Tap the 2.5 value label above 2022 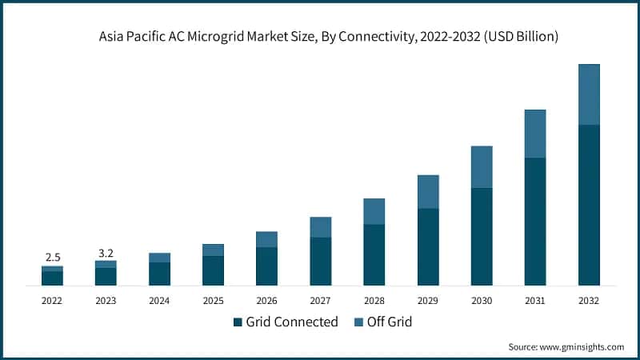point(53,257)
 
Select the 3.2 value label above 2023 point(106,252)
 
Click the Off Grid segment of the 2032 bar point(589,94)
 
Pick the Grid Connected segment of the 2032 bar point(589,205)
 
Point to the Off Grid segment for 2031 point(534,134)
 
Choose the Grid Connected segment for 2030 point(482,237)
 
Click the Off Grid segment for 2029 point(428,191)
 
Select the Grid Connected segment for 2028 point(374,254)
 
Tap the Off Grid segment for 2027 point(321,227)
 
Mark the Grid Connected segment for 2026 point(266,266)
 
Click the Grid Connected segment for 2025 point(213,270)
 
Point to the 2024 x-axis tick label point(159,301)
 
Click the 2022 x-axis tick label point(52,301)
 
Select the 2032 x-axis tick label point(589,301)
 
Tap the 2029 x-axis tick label point(428,301)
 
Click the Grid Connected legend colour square point(238,322)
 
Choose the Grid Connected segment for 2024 point(159,274)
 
